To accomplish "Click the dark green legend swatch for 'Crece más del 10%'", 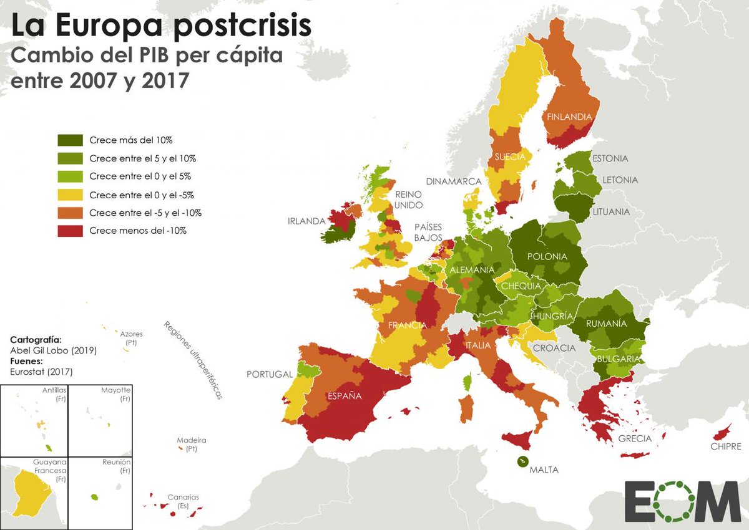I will pos(70,140).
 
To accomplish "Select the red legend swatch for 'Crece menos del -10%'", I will pos(70,230).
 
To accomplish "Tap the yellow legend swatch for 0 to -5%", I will pos(70,195).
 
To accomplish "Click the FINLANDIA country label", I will pos(569,117).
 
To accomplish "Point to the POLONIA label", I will pos(547,256).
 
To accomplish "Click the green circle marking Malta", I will pos(521,461).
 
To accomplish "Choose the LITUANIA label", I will pos(612,211).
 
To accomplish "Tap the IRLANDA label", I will pos(306,221).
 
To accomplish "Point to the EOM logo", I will pos(682,500).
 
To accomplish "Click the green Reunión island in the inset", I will pos(95,497).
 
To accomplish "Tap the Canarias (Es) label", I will pos(183,501).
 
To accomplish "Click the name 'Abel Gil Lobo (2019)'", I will pos(54,350).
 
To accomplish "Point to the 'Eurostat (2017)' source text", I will pos(41,372).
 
